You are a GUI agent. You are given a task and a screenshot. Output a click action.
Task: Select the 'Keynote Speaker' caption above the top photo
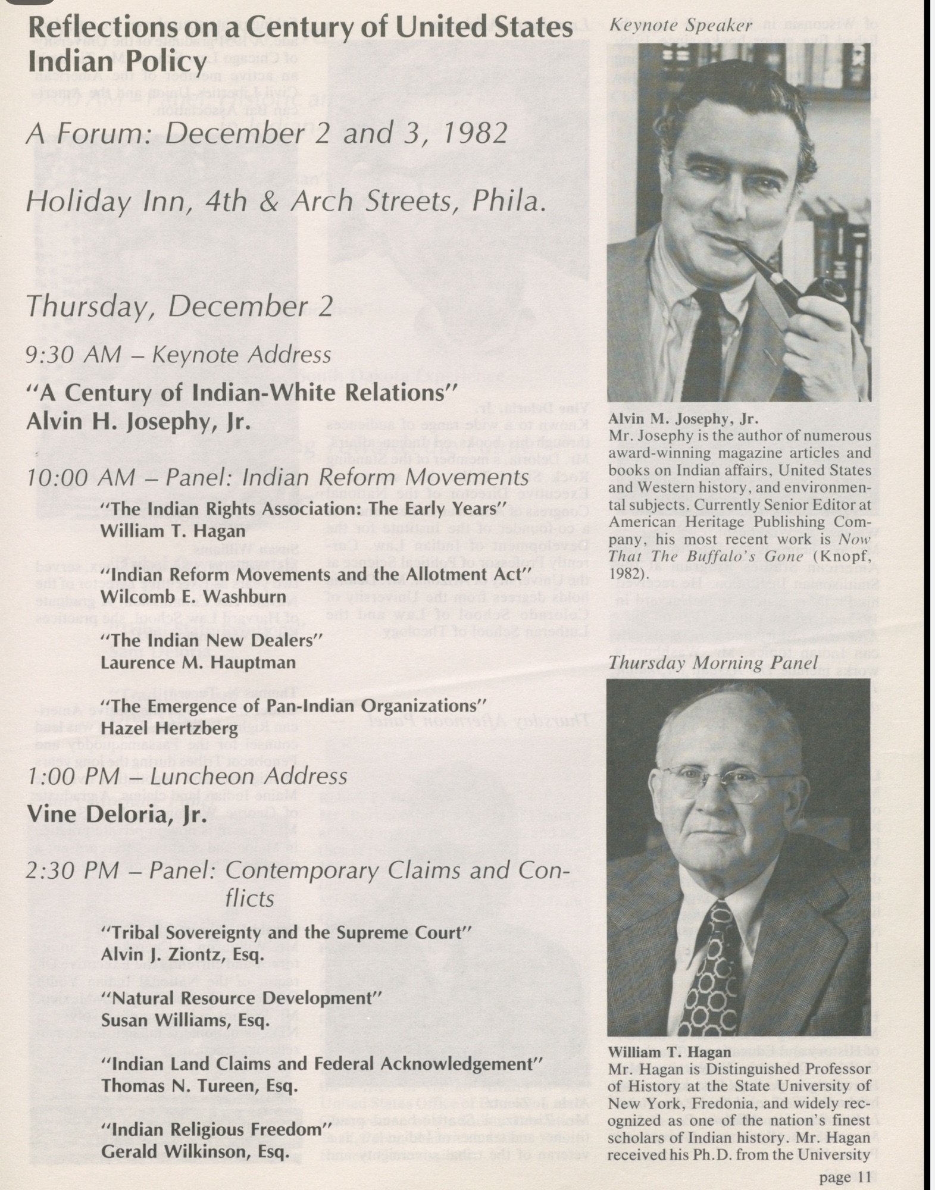[x=681, y=26]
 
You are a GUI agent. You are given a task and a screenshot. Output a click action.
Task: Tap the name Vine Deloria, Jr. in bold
[x=117, y=814]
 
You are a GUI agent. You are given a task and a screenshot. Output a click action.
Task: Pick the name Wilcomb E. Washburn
[x=193, y=597]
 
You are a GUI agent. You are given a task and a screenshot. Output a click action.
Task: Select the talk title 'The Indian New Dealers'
[x=211, y=641]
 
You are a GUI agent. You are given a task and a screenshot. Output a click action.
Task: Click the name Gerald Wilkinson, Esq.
[x=195, y=1151]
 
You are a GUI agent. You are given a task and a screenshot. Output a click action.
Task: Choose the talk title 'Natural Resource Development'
[x=241, y=998]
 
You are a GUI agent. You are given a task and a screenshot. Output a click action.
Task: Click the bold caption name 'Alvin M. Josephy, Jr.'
[x=683, y=419]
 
